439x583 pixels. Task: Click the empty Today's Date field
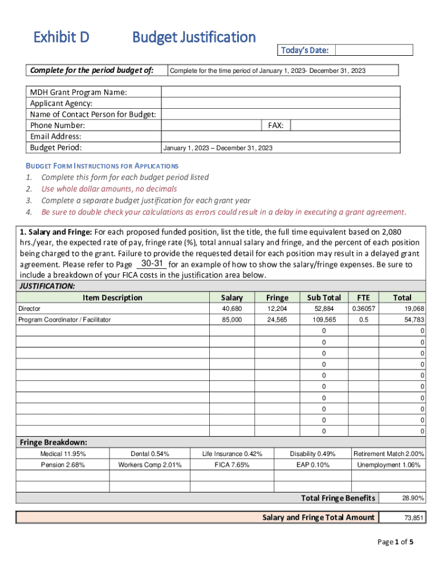coord(373,50)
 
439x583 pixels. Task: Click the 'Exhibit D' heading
coord(61,38)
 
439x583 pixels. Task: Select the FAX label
coord(276,125)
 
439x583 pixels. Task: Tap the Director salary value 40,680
coord(231,309)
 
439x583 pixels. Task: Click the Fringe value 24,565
coord(277,320)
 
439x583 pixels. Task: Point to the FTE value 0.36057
coord(363,309)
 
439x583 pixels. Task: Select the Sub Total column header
coord(324,297)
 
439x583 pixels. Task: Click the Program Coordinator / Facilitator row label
coord(64,320)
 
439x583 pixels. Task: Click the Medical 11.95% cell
coord(63,454)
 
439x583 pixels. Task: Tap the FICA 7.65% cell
coord(232,465)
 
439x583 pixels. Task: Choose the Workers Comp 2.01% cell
coord(149,465)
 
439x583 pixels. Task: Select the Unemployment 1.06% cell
coord(389,465)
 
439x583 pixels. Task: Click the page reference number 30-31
coord(152,264)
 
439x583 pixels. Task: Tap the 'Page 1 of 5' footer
coord(395,542)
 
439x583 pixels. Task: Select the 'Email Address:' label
coord(55,137)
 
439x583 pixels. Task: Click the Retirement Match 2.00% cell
coord(389,454)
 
